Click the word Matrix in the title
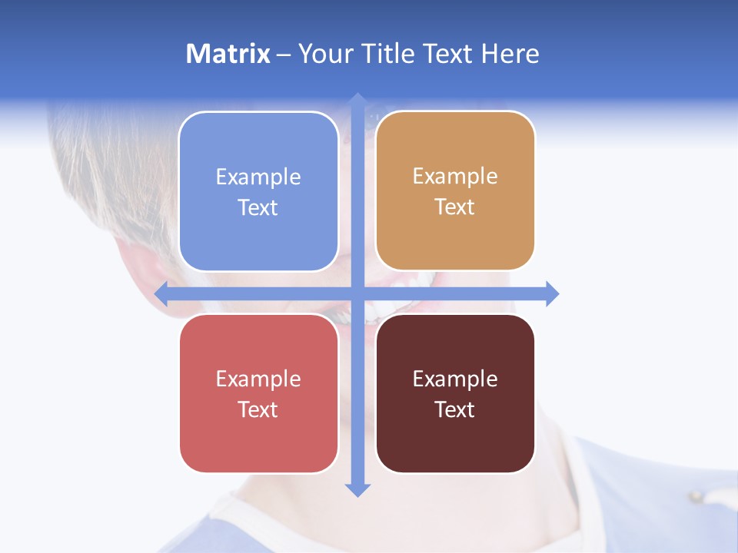228,54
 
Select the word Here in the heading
510,54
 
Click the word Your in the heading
324,54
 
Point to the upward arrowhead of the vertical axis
357,101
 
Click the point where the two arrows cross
357,293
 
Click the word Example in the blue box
258,177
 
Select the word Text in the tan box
455,207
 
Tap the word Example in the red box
258,379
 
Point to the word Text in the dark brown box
455,409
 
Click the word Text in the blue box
258,208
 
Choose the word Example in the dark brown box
455,379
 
